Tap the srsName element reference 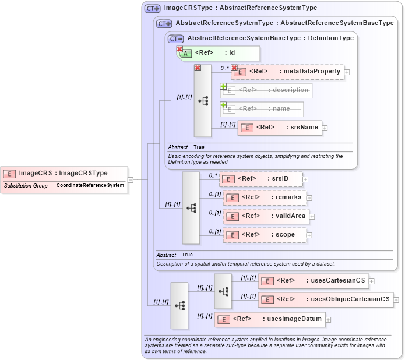point(280,128)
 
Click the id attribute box point(218,53)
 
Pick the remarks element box point(265,197)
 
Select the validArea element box point(265,216)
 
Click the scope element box point(265,235)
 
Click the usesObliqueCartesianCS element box point(326,299)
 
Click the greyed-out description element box point(266,90)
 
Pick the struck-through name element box point(262,109)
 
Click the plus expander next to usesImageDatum point(328,319)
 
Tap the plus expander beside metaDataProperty point(347,72)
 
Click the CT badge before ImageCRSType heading point(152,8)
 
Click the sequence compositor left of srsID point(191,207)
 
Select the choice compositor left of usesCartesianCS point(223,291)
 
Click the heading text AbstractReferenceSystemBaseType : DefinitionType point(270,38)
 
